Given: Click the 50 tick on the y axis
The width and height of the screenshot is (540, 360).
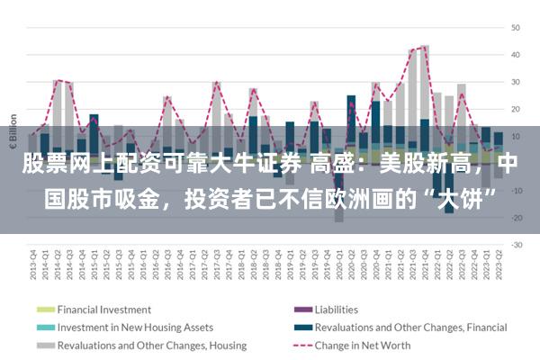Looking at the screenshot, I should (x=516, y=27).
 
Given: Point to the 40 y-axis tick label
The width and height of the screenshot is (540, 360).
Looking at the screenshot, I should (x=516, y=54).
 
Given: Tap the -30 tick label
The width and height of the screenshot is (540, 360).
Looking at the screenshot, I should (x=516, y=245).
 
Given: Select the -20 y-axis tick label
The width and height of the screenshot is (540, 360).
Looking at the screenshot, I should (x=516, y=218).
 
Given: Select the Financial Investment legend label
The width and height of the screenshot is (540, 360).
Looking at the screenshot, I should (x=104, y=310).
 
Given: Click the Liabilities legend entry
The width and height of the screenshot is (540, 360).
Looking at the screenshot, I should (x=337, y=310).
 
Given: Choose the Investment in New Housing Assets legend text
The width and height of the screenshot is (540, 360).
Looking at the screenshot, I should (x=135, y=328).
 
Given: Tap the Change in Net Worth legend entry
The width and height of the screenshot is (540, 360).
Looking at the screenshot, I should (x=363, y=345).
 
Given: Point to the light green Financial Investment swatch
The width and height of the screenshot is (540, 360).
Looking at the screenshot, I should (x=44, y=310).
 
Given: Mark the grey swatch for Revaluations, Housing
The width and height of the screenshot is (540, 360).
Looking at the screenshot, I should (x=44, y=345).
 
